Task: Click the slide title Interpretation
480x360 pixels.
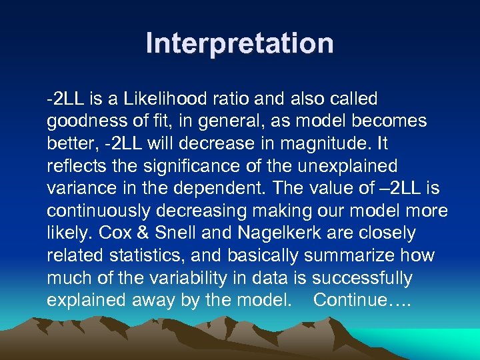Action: point(240,44)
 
